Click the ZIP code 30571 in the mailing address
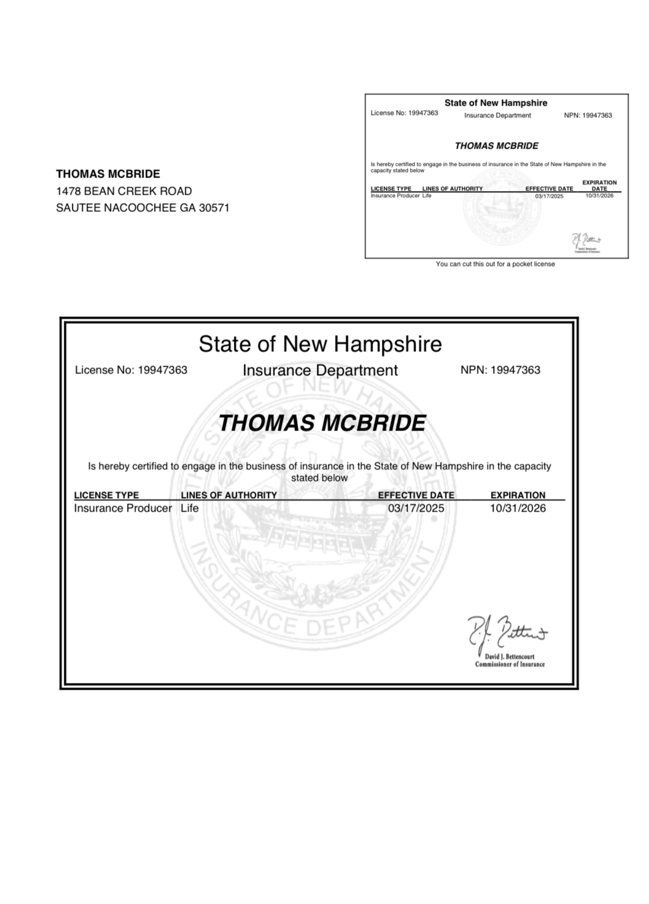[212, 208]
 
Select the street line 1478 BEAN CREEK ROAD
[124, 191]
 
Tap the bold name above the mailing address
[108, 174]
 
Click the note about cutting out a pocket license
[495, 264]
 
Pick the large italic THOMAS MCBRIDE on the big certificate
[322, 423]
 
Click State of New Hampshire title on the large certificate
[320, 344]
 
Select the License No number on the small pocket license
[423, 113]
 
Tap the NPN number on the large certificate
[516, 370]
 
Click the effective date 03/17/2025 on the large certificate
[416, 508]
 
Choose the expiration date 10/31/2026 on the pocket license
[599, 195]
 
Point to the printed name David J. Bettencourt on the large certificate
[510, 657]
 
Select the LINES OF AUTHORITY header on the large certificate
[228, 495]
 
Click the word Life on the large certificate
[190, 508]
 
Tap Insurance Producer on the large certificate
[123, 508]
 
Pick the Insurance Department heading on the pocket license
[497, 115]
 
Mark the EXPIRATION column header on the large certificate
[518, 495]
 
